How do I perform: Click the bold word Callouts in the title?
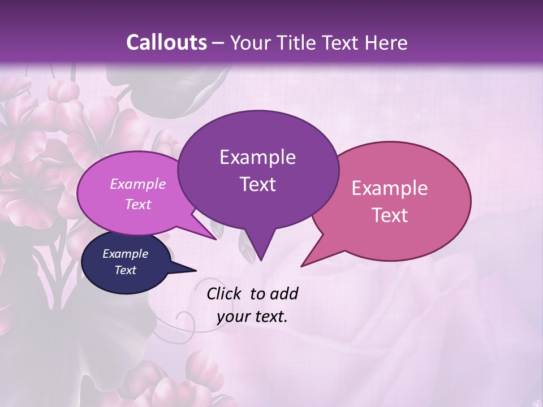pos(166,42)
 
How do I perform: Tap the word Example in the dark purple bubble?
pos(257,157)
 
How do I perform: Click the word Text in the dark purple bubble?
pos(257,184)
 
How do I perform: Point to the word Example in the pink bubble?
pos(390,188)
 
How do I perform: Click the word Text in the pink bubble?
pos(390,215)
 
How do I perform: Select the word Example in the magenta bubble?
pos(138,184)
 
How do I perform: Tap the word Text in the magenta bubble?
pos(138,204)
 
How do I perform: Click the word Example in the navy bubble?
pos(125,254)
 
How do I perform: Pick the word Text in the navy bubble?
pos(125,270)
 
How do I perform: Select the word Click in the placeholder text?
pos(225,293)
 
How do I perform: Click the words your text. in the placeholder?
pos(252,317)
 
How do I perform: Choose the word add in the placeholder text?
pos(285,293)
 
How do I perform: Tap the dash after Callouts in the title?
pos(219,43)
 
